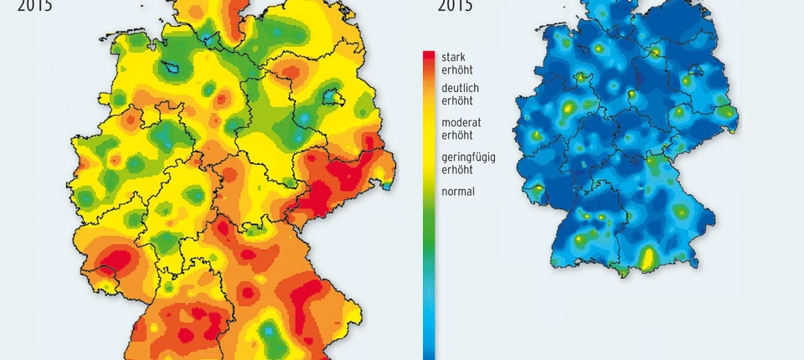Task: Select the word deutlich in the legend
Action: click(x=460, y=88)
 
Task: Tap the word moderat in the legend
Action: click(x=461, y=122)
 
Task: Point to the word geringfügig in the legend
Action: click(x=468, y=157)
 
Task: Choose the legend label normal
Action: click(x=458, y=192)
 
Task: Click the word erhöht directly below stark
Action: click(x=457, y=69)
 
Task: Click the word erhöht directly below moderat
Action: click(x=457, y=135)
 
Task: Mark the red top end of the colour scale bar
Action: click(x=429, y=56)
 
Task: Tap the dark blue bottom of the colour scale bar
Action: click(x=429, y=352)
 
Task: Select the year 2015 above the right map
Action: click(x=456, y=6)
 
